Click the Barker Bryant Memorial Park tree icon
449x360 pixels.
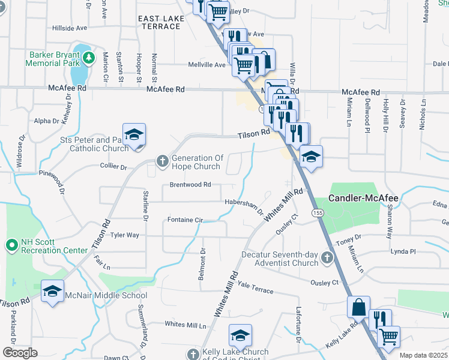[x=89, y=58]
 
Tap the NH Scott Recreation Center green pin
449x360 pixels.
[x=11, y=245]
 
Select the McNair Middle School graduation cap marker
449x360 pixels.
[x=53, y=292]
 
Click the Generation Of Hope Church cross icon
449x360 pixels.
[x=162, y=160]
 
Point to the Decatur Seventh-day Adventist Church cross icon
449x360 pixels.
[x=327, y=258]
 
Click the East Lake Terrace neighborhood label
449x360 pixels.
[x=161, y=23]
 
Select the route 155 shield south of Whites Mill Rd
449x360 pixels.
[x=318, y=213]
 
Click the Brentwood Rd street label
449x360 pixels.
[x=190, y=185]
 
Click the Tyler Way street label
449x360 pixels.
[x=125, y=235]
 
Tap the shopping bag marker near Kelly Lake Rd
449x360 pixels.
[x=358, y=307]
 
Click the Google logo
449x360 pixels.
[x=20, y=353]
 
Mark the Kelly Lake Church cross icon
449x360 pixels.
[x=193, y=354]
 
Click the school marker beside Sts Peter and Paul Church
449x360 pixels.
[x=134, y=134]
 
